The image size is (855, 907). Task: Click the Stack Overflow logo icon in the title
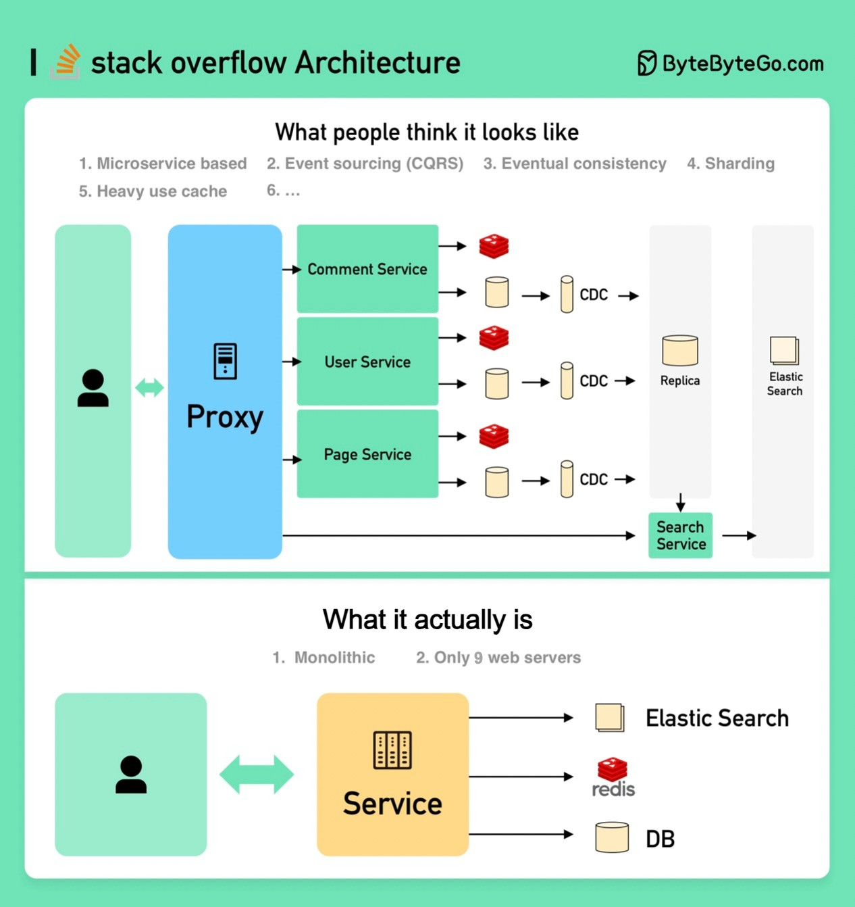pyautogui.click(x=66, y=62)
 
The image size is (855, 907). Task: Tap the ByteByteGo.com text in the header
pyautogui.click(x=742, y=64)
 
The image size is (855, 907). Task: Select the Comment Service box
pyautogui.click(x=367, y=269)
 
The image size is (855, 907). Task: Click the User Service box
pyautogui.click(x=367, y=362)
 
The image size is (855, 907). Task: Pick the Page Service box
pyautogui.click(x=367, y=454)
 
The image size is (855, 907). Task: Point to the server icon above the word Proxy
pyautogui.click(x=225, y=361)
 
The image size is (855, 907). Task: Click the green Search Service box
pyautogui.click(x=680, y=535)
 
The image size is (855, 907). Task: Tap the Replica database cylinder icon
pyautogui.click(x=679, y=350)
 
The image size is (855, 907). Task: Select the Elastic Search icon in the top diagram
pyautogui.click(x=784, y=351)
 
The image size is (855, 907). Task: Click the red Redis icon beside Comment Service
pyautogui.click(x=494, y=246)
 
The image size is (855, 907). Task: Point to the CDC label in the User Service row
pyautogui.click(x=594, y=381)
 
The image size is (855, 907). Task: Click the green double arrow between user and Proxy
pyautogui.click(x=149, y=388)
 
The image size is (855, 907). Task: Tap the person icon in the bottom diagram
pyautogui.click(x=131, y=775)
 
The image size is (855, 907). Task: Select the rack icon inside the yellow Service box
pyautogui.click(x=392, y=750)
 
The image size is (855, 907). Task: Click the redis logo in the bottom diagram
pyautogui.click(x=613, y=777)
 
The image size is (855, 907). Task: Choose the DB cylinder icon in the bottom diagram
pyautogui.click(x=612, y=837)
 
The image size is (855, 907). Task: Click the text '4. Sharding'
pyautogui.click(x=731, y=164)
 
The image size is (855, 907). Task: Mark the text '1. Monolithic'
pyautogui.click(x=323, y=658)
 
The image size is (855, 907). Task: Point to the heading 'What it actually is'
pyautogui.click(x=427, y=620)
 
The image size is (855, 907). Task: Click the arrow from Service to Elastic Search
pyautogui.click(x=521, y=718)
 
